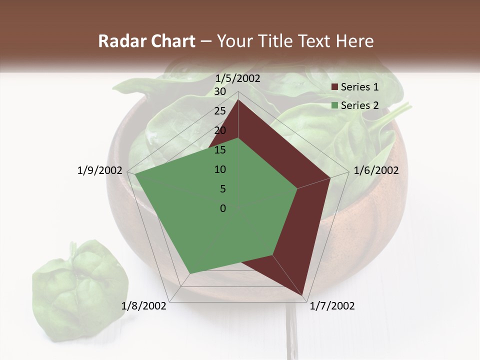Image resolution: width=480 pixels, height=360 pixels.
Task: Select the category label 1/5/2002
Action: pyautogui.click(x=238, y=78)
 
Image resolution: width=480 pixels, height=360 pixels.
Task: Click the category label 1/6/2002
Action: pyautogui.click(x=376, y=170)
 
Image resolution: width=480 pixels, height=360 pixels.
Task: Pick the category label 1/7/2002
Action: pyautogui.click(x=332, y=306)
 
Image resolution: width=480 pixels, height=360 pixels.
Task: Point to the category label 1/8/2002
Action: pyautogui.click(x=143, y=306)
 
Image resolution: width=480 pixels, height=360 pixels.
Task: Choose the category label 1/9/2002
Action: pyautogui.click(x=100, y=170)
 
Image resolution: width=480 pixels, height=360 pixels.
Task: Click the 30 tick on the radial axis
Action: pyautogui.click(x=220, y=91)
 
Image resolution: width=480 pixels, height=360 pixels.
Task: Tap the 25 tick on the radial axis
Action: pyautogui.click(x=220, y=111)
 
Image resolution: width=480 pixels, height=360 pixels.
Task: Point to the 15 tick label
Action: pyautogui.click(x=220, y=150)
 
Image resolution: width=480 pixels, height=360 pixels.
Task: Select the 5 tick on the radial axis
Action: pyautogui.click(x=222, y=189)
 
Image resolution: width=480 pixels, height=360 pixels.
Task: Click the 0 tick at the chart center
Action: pyautogui.click(x=223, y=208)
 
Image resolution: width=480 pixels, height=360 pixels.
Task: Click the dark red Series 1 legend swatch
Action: pyautogui.click(x=334, y=87)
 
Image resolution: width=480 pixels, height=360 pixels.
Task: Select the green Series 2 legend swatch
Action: pyautogui.click(x=334, y=105)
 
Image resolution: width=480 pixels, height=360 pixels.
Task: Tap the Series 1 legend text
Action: pyautogui.click(x=359, y=87)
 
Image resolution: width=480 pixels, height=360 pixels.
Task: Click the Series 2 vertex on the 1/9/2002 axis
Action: pyautogui.click(x=135, y=174)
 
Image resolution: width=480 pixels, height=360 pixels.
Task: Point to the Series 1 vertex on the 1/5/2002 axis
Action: pyautogui.click(x=238, y=99)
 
